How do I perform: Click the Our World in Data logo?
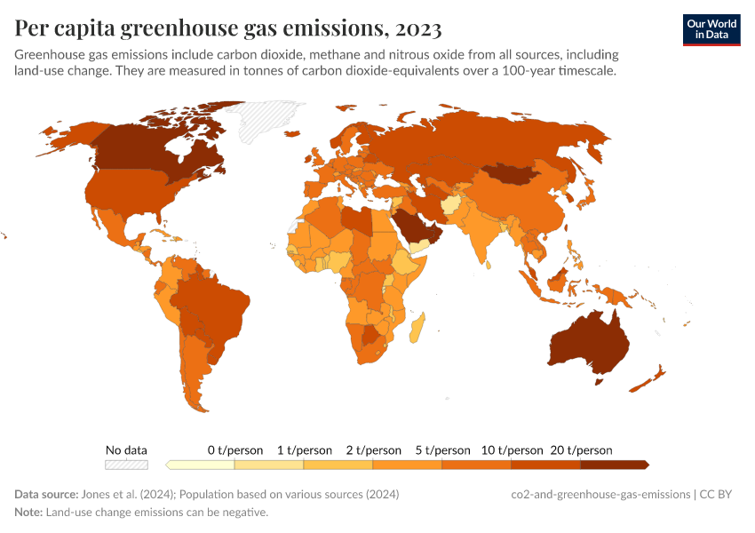click(x=711, y=29)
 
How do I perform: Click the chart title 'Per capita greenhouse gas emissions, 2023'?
click(x=228, y=28)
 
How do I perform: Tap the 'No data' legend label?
click(x=126, y=449)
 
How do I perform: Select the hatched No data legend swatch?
click(x=126, y=465)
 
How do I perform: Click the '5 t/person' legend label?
click(x=441, y=450)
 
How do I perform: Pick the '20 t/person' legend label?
click(x=582, y=450)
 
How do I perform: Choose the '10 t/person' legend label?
click(x=512, y=450)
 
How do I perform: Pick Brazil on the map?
click(x=213, y=302)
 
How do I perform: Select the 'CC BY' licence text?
click(x=721, y=494)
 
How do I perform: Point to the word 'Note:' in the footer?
click(x=28, y=513)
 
